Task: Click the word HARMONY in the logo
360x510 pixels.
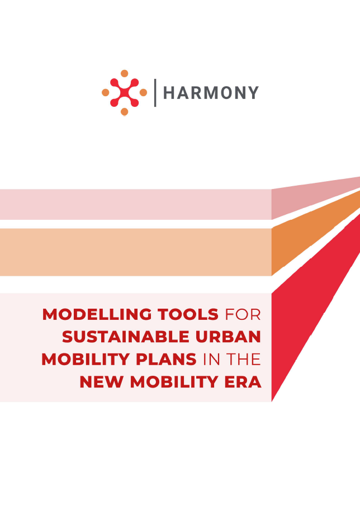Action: coord(211,93)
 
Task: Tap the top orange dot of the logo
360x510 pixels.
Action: coord(124,73)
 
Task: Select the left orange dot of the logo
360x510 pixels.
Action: coord(105,92)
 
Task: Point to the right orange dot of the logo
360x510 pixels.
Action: coord(143,93)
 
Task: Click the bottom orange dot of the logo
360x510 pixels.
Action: coord(124,112)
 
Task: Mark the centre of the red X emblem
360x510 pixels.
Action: coord(124,93)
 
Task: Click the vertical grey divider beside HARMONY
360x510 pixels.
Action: coord(155,93)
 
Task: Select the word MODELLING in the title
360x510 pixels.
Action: coord(97,314)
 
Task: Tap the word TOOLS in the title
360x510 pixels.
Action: coord(188,314)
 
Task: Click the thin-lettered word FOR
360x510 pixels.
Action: coord(243,314)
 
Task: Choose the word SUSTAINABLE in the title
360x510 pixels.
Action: coord(126,337)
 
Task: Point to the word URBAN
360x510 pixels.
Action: coord(228,337)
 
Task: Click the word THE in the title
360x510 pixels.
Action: coord(244,359)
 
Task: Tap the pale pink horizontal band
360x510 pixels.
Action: coord(136,204)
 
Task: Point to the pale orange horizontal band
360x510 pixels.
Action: coord(136,252)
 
